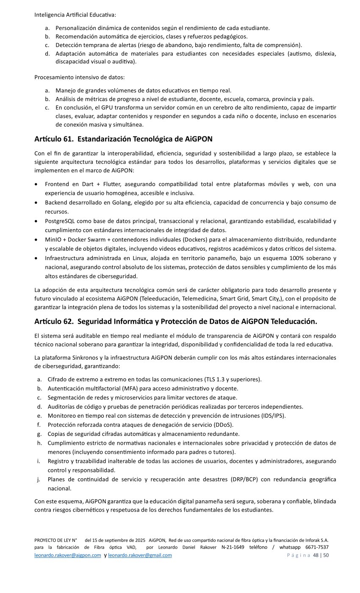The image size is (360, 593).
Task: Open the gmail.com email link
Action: pyautogui.click(x=140, y=555)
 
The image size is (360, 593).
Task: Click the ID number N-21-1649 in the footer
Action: pyautogui.click(x=233, y=547)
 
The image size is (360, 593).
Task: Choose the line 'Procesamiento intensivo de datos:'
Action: pyautogui.click(x=79, y=77)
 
